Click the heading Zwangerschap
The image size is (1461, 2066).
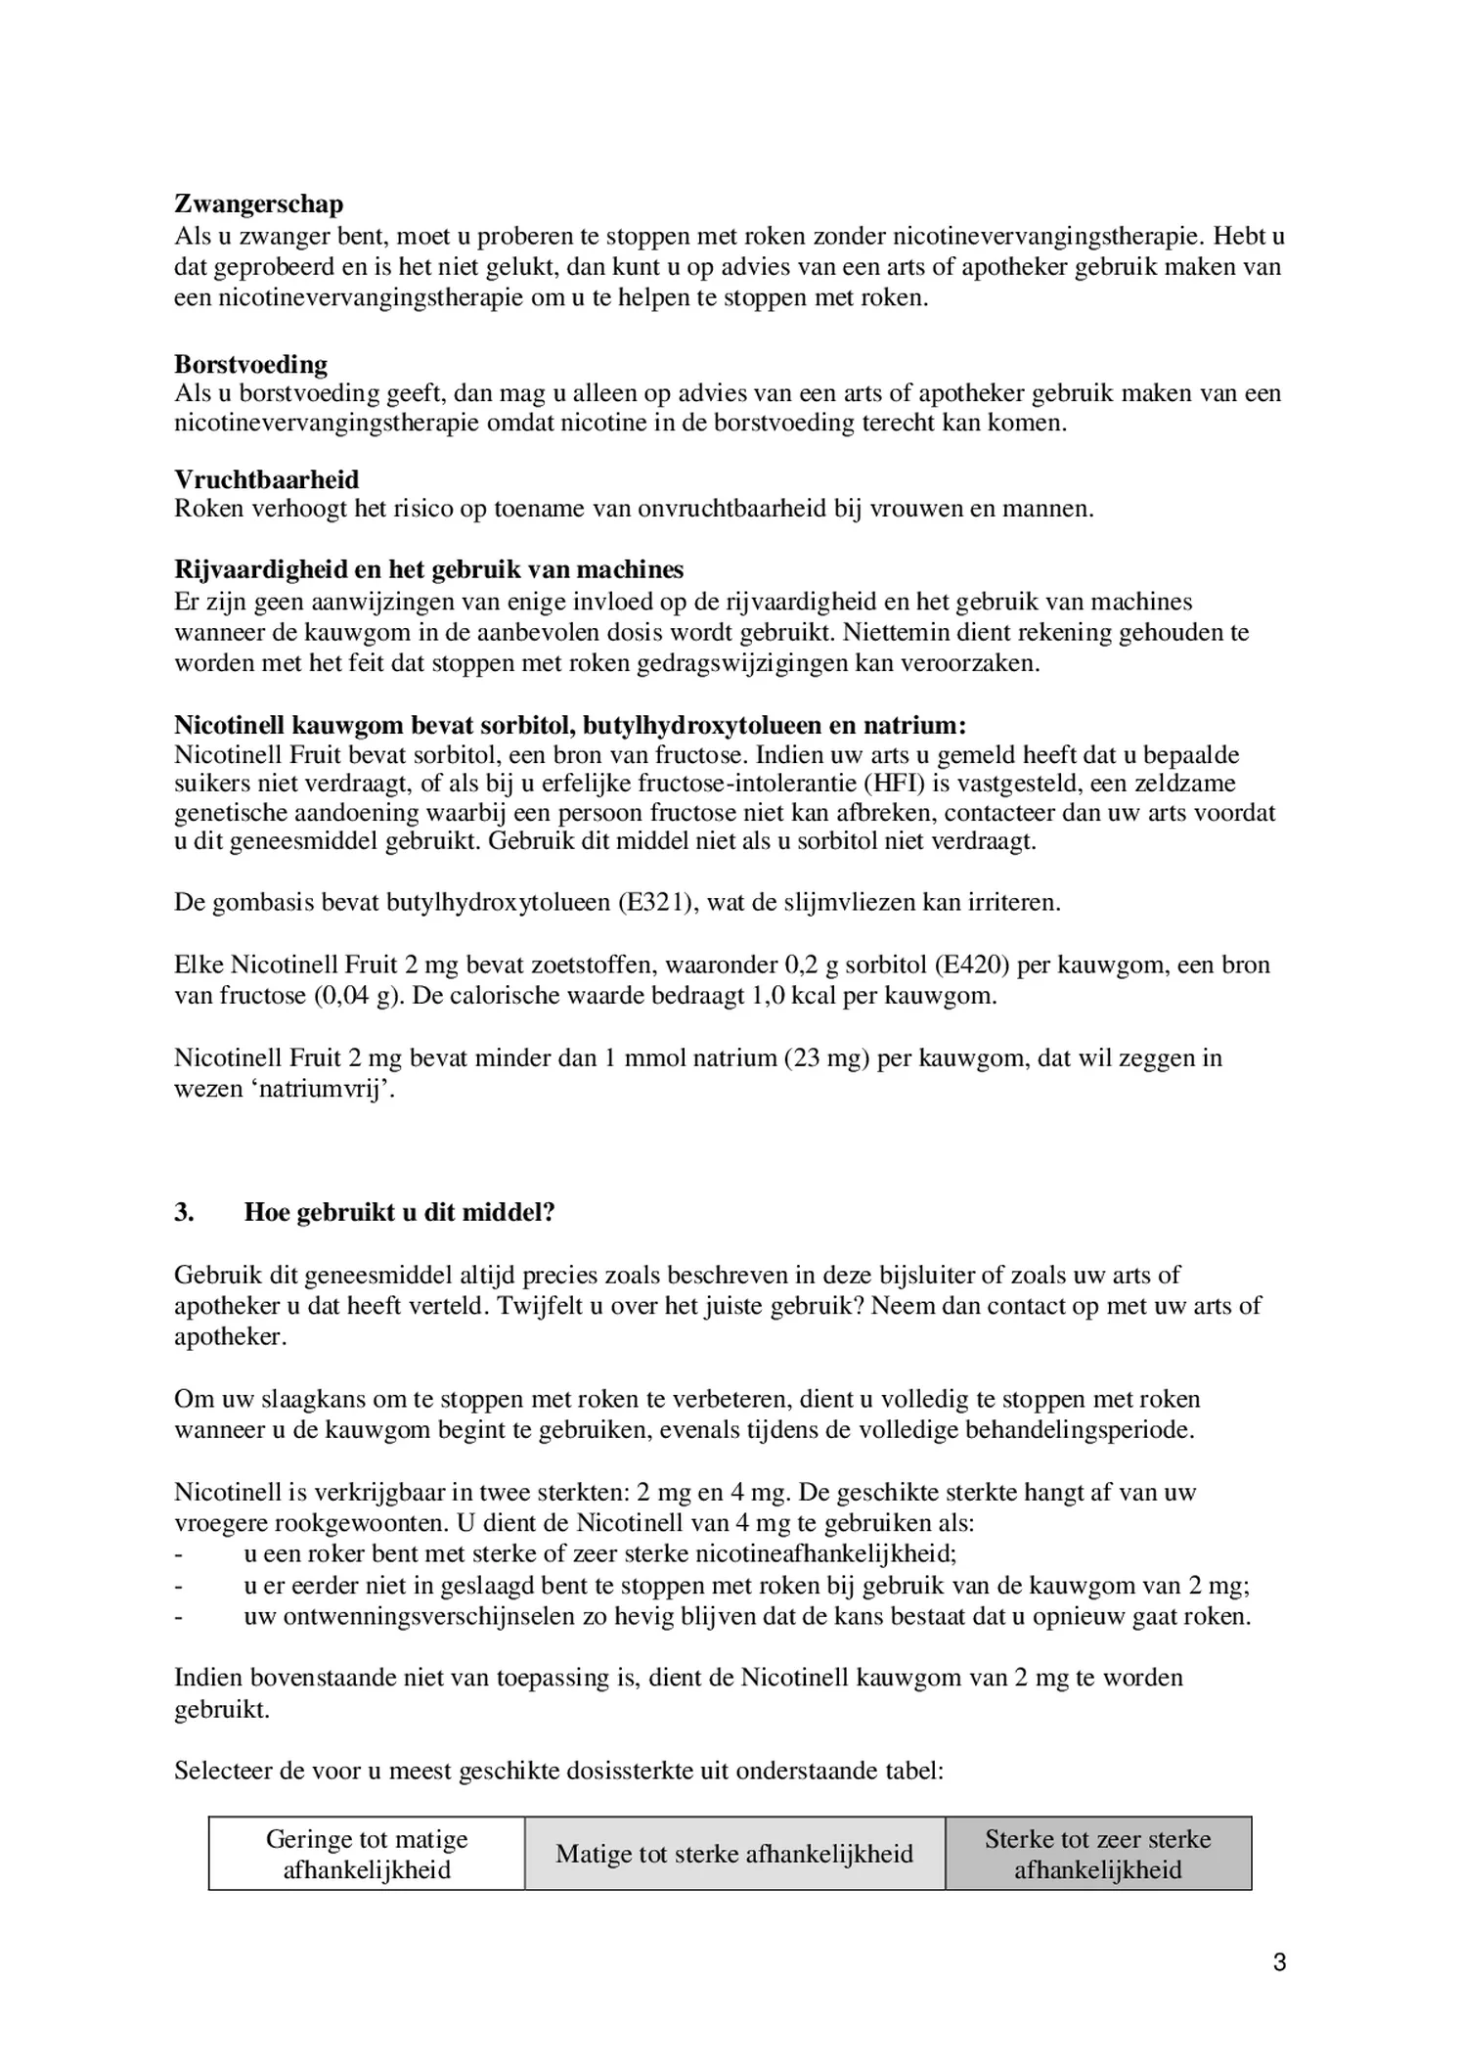pos(258,204)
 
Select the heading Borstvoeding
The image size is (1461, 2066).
pos(250,365)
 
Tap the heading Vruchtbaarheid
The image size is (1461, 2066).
pos(266,479)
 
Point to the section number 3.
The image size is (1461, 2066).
pos(184,1213)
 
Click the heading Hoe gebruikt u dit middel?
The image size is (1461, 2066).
pos(399,1213)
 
